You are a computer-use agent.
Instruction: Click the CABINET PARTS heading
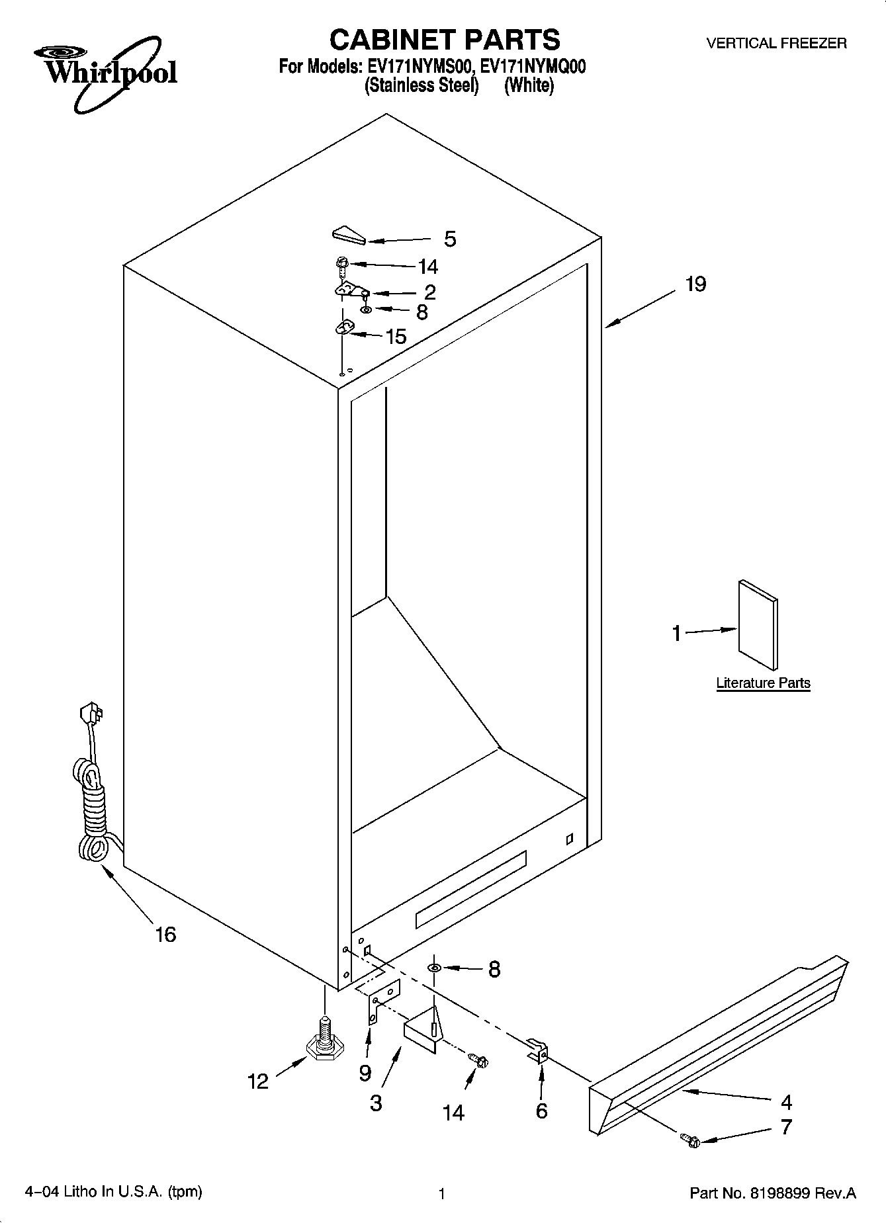pyautogui.click(x=444, y=40)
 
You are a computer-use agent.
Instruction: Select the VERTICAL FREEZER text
pyautogui.click(x=776, y=44)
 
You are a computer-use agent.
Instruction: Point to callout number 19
pyautogui.click(x=695, y=284)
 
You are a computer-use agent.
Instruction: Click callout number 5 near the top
pyautogui.click(x=450, y=239)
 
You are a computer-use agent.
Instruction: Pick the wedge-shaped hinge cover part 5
pyautogui.click(x=347, y=235)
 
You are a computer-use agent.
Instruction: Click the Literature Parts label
pyautogui.click(x=763, y=683)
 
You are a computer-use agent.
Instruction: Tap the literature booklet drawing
pyautogui.click(x=758, y=625)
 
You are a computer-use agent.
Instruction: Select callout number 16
pyautogui.click(x=165, y=934)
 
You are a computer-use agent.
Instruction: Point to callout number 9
pyautogui.click(x=365, y=1073)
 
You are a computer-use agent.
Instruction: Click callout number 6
pyautogui.click(x=541, y=1111)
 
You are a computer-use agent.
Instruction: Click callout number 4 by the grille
pyautogui.click(x=786, y=1101)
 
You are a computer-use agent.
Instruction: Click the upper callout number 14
pyautogui.click(x=428, y=267)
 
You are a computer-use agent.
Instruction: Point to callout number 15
pyautogui.click(x=396, y=337)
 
